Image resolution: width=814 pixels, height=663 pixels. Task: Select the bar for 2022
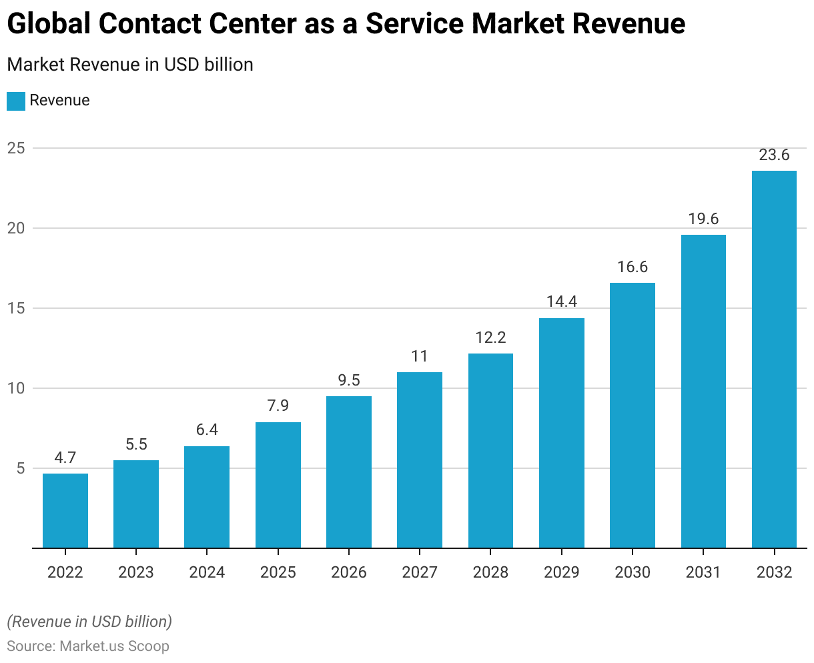point(65,510)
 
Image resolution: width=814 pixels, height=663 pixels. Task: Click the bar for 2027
point(420,460)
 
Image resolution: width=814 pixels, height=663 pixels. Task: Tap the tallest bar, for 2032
point(774,360)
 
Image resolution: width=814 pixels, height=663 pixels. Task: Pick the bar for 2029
point(562,433)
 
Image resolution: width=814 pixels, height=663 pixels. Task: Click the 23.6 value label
point(774,155)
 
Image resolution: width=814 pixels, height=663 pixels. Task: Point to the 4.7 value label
point(65,458)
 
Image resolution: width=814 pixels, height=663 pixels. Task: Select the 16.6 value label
point(633,267)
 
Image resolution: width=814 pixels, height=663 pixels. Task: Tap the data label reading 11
point(420,356)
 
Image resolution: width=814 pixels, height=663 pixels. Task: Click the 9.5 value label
point(349,380)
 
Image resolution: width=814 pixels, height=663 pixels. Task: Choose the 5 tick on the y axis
point(20,468)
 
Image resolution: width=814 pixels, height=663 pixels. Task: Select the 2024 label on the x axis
point(207,572)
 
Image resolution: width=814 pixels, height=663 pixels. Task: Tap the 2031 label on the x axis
point(703,572)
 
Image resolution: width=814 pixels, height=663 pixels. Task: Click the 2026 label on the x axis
point(349,572)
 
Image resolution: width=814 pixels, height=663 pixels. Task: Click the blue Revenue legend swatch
point(16,101)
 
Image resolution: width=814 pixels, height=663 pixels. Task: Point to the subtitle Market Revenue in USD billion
point(130,65)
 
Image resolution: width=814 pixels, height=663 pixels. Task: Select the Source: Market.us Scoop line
point(88,646)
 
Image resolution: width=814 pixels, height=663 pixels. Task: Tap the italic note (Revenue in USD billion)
point(89,622)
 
